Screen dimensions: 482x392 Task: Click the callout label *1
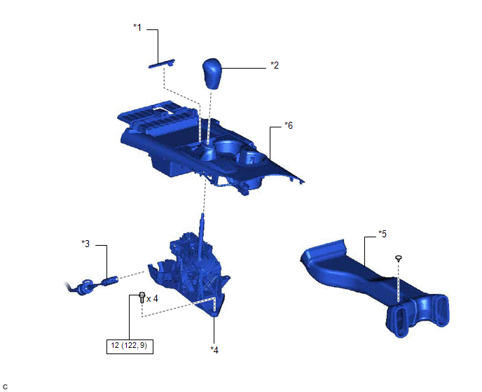[x=137, y=27]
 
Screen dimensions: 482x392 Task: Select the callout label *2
[x=275, y=65]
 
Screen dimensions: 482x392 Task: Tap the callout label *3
[x=85, y=244]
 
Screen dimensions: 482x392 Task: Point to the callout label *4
[x=214, y=350]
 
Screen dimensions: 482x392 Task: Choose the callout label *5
[x=383, y=234]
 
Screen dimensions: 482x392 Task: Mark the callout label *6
[x=289, y=125]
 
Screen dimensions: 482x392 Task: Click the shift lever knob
[x=212, y=73]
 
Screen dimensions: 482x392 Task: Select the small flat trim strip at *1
[x=162, y=64]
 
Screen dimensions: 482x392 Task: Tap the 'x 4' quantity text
[x=152, y=299]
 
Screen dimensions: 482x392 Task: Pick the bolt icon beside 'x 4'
[x=142, y=297]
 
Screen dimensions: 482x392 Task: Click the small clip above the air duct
[x=399, y=258]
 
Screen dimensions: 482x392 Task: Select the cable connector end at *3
[x=110, y=281]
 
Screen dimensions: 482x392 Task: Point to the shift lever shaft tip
[x=202, y=214]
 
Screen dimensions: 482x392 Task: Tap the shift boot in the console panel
[x=208, y=153]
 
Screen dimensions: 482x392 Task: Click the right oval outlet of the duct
[x=440, y=311]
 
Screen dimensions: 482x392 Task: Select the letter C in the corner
[x=5, y=387]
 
